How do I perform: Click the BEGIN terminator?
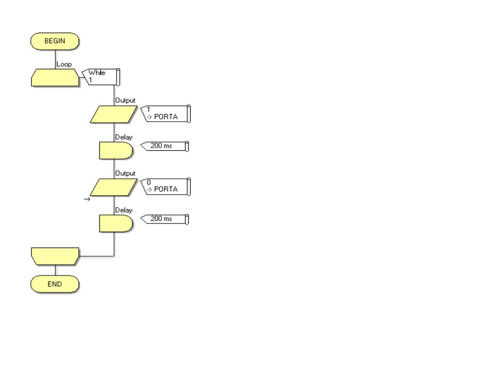coord(55,41)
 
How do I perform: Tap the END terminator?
coord(55,284)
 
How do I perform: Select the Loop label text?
coord(64,64)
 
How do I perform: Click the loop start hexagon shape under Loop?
coord(55,77)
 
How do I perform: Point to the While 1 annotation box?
coord(101,76)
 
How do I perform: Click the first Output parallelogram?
coord(114,114)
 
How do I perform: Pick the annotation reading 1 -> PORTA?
coord(165,113)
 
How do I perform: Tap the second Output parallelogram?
coord(114,187)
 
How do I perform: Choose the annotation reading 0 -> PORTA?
coord(165,186)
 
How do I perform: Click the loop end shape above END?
coord(55,256)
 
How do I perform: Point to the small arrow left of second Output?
coord(87,199)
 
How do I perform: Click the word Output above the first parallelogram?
coord(125,101)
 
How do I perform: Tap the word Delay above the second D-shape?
coord(124,210)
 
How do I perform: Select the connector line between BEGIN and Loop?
coord(55,59)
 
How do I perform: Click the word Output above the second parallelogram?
coord(125,174)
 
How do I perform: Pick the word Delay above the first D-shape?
coord(124,137)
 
